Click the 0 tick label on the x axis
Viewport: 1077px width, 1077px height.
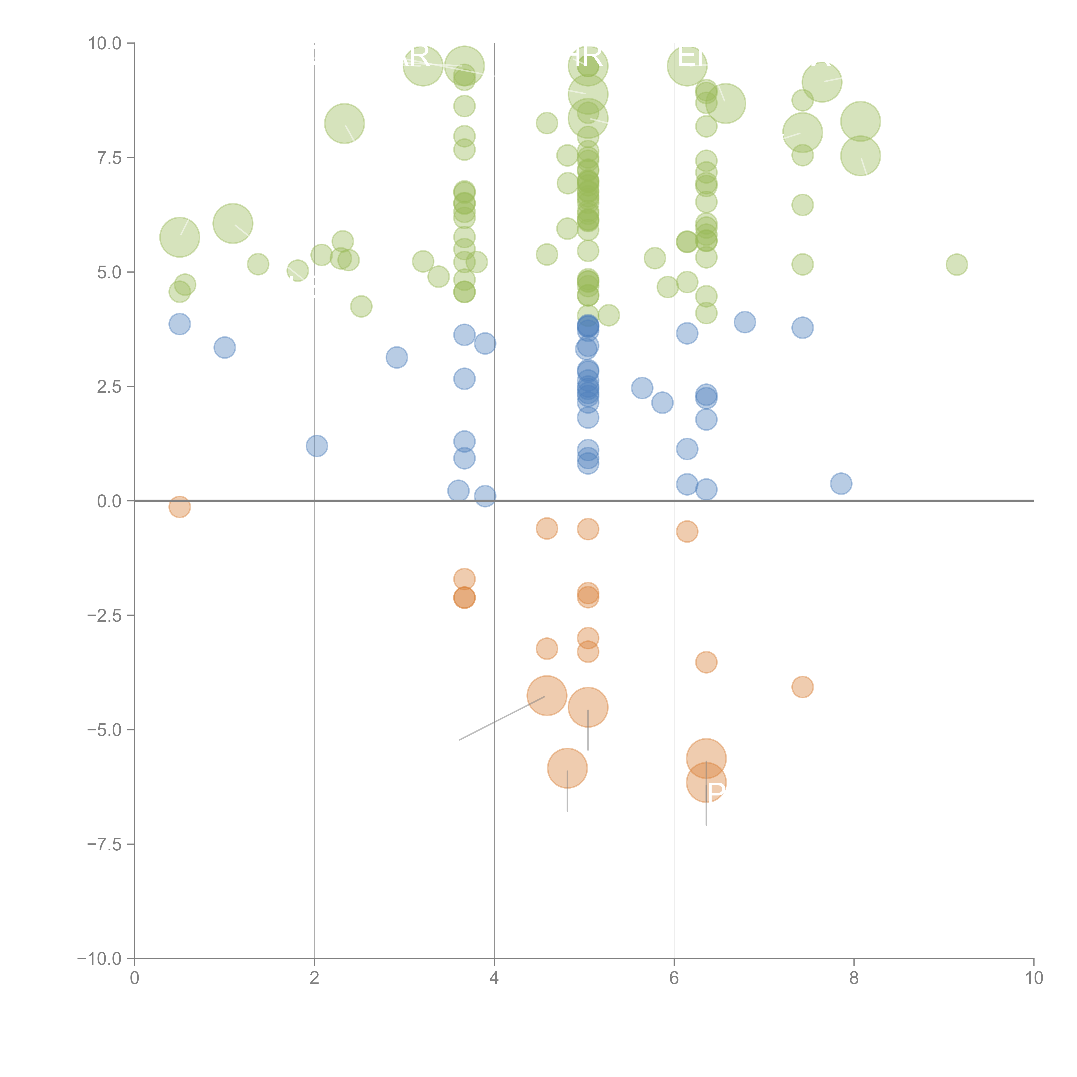point(134,978)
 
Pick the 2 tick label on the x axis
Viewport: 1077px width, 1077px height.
point(314,978)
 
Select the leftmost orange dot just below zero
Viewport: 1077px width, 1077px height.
point(179,507)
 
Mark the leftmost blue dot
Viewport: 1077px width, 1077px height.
point(179,324)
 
